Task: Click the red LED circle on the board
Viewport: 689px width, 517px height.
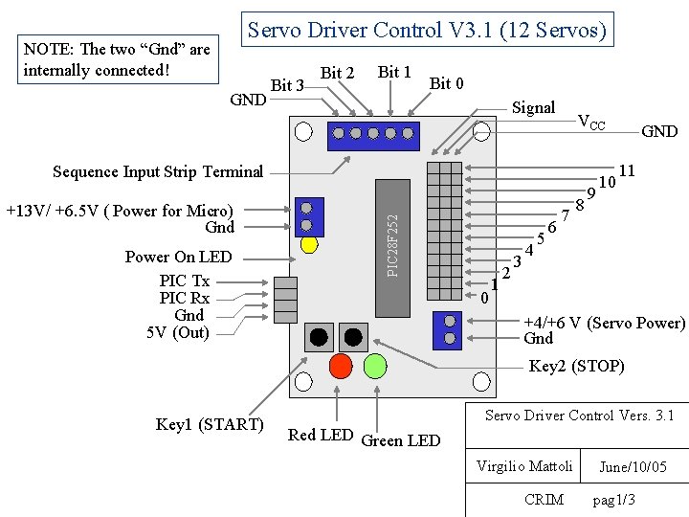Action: click(x=340, y=366)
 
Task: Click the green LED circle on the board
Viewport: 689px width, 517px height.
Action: click(x=375, y=366)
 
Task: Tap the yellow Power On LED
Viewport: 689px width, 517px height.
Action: click(x=309, y=243)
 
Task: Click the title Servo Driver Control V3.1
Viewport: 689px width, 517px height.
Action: click(x=427, y=30)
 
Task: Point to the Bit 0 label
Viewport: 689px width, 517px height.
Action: click(x=447, y=83)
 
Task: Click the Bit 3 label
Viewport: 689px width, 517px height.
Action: click(x=287, y=85)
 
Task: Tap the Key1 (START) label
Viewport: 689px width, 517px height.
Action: click(x=210, y=424)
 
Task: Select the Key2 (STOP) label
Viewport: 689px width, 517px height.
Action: click(x=576, y=366)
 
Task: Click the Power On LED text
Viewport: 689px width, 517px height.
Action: click(x=178, y=257)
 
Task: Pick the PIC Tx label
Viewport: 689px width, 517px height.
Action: click(x=185, y=281)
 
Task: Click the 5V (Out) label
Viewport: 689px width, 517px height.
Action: click(x=178, y=332)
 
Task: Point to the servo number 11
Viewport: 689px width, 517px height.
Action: click(x=628, y=170)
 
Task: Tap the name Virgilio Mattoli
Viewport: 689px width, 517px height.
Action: click(x=524, y=466)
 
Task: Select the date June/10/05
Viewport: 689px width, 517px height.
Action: click(x=633, y=467)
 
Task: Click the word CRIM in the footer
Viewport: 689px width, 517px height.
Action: click(x=545, y=499)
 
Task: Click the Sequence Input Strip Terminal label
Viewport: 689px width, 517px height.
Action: click(x=158, y=172)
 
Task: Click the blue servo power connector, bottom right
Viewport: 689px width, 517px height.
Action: click(x=447, y=331)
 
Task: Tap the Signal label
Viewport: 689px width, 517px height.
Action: click(x=534, y=107)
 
